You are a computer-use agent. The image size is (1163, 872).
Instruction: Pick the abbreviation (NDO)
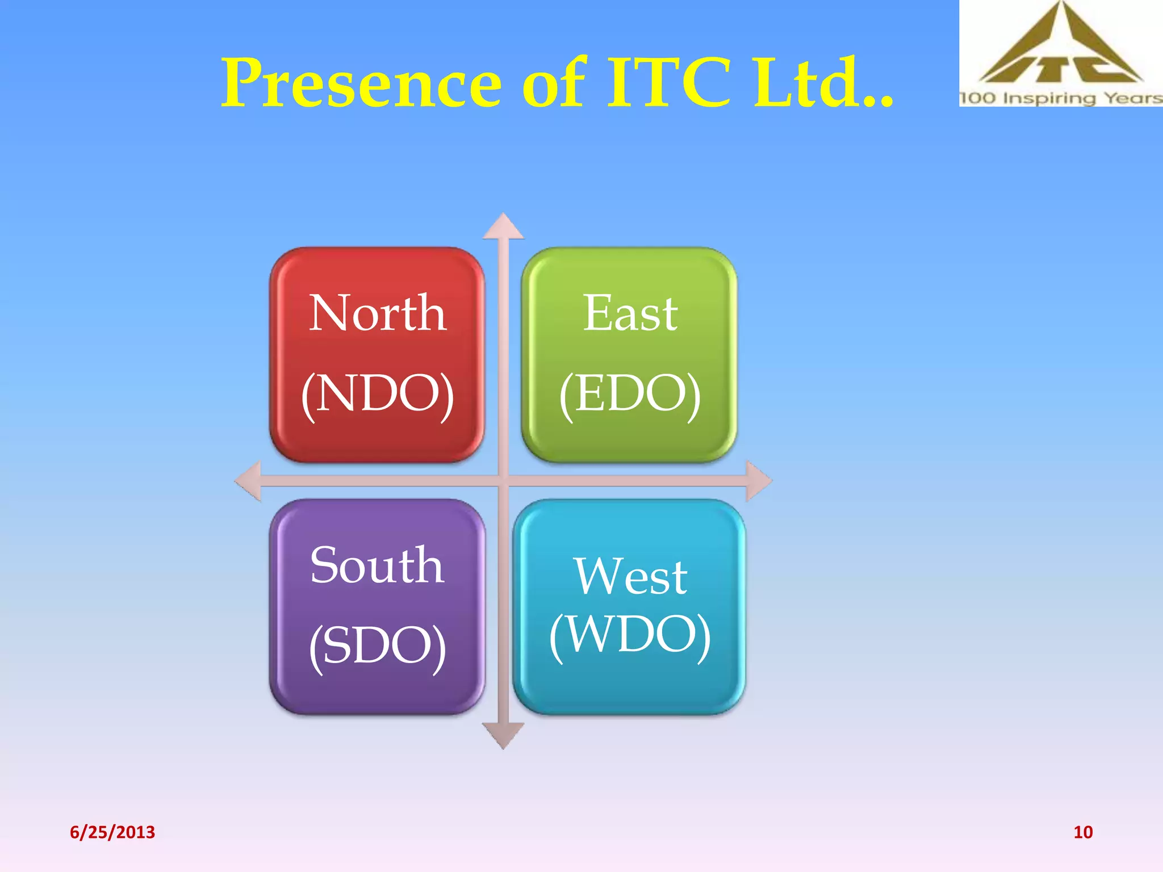point(378,393)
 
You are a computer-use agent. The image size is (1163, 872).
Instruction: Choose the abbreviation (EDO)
point(630,393)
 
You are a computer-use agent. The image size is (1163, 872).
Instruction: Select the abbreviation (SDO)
point(378,646)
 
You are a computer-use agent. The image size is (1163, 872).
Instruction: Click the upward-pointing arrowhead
point(503,228)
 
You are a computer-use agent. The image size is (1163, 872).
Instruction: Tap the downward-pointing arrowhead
point(503,736)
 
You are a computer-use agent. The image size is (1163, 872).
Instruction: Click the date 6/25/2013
point(112,832)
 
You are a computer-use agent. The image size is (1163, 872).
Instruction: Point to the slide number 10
point(1083,832)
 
